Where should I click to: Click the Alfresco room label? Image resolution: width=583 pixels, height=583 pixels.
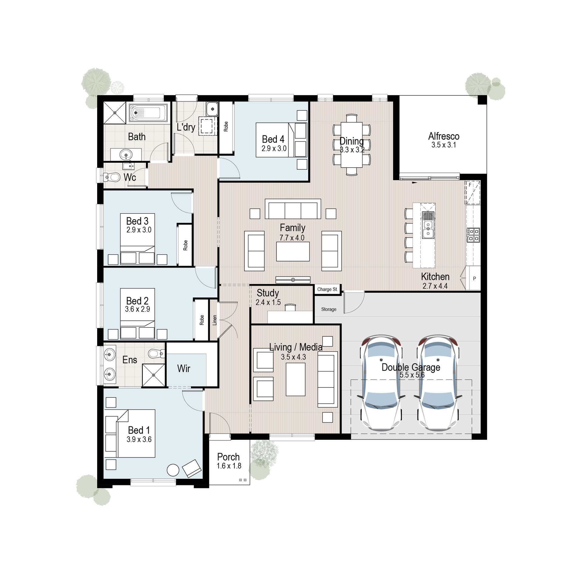pyautogui.click(x=444, y=136)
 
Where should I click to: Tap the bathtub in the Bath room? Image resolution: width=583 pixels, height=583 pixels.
pyautogui.click(x=148, y=113)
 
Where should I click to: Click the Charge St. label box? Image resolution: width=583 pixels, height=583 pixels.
pyautogui.click(x=327, y=289)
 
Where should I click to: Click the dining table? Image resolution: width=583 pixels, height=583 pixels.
pyautogui.click(x=352, y=145)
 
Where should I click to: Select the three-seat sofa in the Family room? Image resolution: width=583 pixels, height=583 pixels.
pyautogui.click(x=293, y=209)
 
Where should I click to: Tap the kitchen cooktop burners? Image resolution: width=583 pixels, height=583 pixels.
pyautogui.click(x=473, y=235)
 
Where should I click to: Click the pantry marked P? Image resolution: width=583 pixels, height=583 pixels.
pyautogui.click(x=474, y=278)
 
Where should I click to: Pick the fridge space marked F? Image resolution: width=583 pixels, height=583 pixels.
pyautogui.click(x=472, y=193)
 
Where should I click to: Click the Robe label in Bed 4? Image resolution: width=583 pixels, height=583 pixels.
pyautogui.click(x=226, y=127)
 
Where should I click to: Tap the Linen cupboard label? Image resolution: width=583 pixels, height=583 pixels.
pyautogui.click(x=215, y=320)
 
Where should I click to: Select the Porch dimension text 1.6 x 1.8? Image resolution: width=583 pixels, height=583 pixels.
pyautogui.click(x=229, y=466)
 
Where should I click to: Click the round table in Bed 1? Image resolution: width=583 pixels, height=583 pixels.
pyautogui.click(x=173, y=470)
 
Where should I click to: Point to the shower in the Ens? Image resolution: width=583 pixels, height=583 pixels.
pyautogui.click(x=154, y=375)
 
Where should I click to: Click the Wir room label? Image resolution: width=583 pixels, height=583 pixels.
pyautogui.click(x=184, y=369)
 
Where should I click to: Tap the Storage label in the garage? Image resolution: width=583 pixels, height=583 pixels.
pyautogui.click(x=329, y=309)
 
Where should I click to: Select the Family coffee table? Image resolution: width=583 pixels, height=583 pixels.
pyautogui.click(x=293, y=251)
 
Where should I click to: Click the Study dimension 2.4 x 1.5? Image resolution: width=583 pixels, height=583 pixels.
pyautogui.click(x=268, y=302)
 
